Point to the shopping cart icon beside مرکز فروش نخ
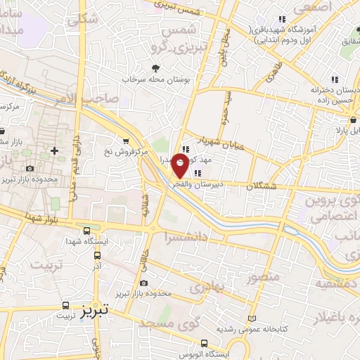pos(126,140)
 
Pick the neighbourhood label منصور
pos(264,276)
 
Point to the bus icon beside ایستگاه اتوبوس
pos(204,344)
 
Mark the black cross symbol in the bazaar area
pos(54,150)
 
